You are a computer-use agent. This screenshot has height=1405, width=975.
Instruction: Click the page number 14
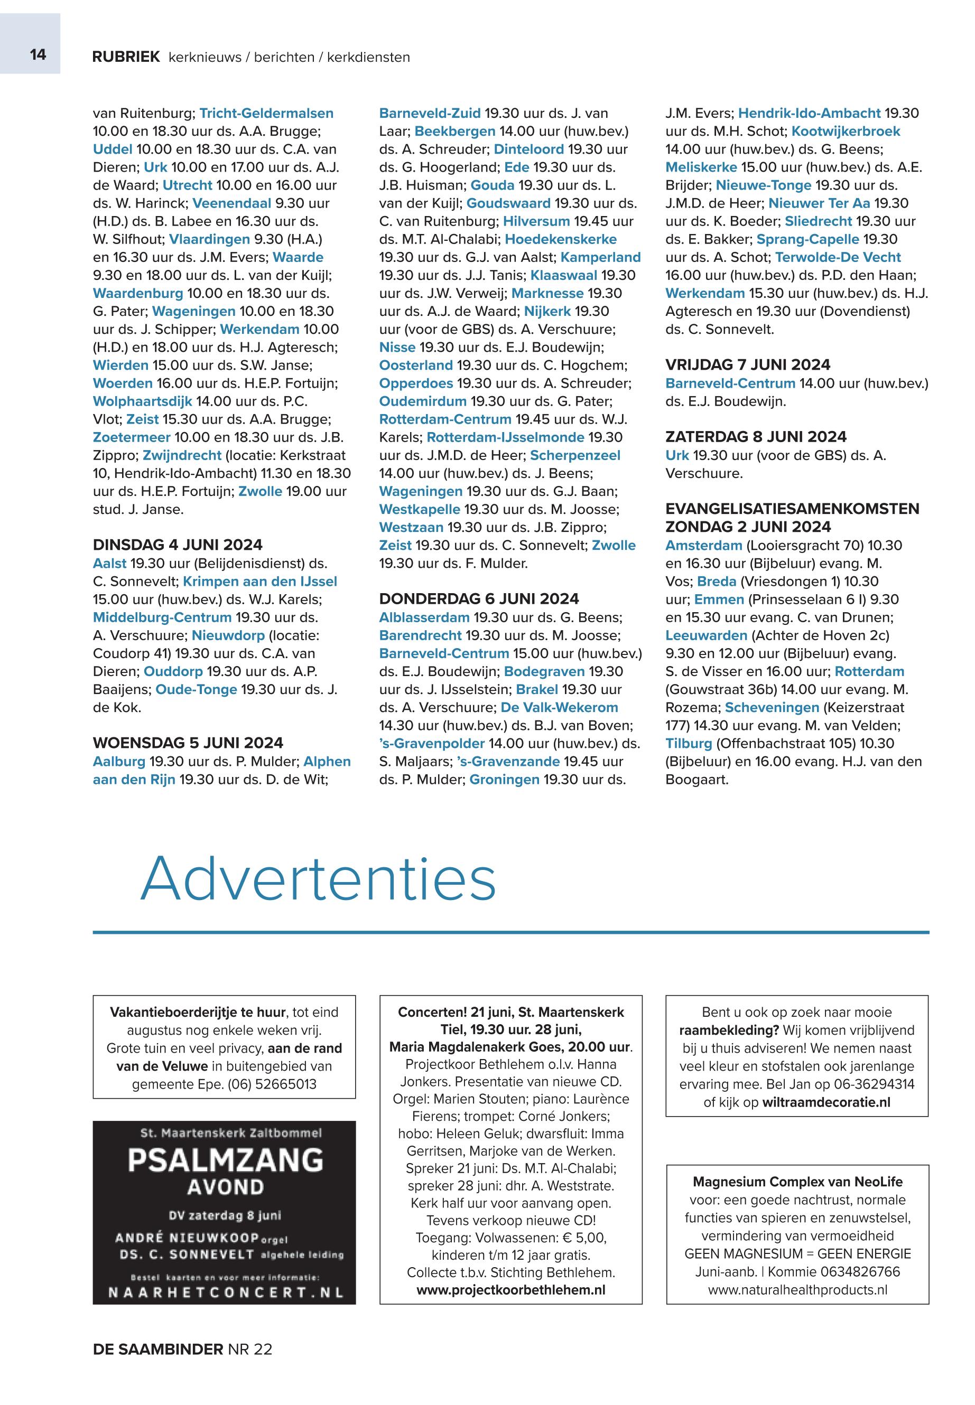pyautogui.click(x=38, y=55)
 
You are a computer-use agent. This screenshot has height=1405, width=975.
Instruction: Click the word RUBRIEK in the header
pyautogui.click(x=126, y=58)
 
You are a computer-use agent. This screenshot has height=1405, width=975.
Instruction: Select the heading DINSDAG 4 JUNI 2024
pyautogui.click(x=177, y=545)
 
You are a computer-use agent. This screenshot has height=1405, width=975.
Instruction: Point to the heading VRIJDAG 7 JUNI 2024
pyautogui.click(x=748, y=364)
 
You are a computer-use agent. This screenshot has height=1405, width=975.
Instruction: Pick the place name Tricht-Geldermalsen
pyautogui.click(x=266, y=113)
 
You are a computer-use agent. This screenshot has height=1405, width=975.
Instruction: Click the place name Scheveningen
pyautogui.click(x=772, y=707)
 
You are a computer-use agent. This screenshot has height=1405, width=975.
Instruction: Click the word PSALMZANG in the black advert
pyautogui.click(x=225, y=1160)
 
